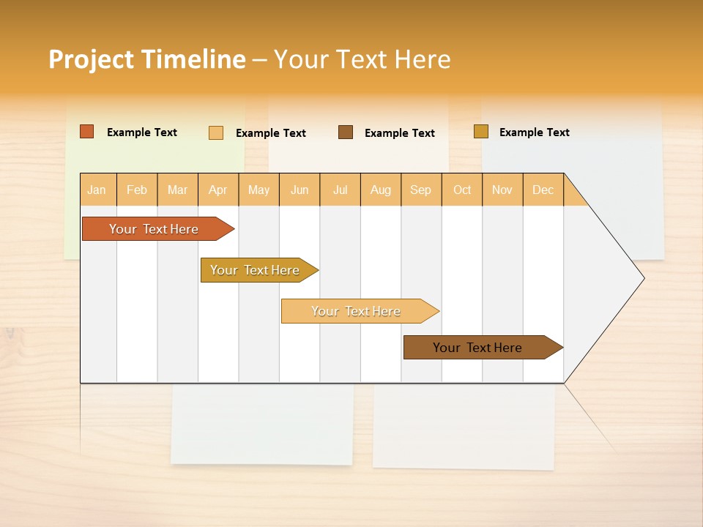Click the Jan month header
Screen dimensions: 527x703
[97, 190]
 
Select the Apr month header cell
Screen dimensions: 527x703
[218, 190]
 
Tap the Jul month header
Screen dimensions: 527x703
[340, 190]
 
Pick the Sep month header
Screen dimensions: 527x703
[421, 190]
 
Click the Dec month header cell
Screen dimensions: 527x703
[543, 190]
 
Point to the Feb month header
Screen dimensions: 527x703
[137, 190]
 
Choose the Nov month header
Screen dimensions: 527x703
[502, 190]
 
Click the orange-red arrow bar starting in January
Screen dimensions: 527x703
[154, 229]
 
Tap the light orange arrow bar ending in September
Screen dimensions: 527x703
[356, 311]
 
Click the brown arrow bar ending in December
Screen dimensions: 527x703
[477, 348]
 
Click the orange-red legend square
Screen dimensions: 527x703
[87, 132]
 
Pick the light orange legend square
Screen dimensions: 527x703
[216, 132]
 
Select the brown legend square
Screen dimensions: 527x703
[346, 132]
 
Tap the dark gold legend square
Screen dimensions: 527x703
[480, 132]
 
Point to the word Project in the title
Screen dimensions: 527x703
[91, 59]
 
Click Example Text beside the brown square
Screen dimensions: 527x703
[399, 133]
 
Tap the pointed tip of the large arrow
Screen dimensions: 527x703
[642, 278]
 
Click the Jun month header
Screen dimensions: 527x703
[300, 190]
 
